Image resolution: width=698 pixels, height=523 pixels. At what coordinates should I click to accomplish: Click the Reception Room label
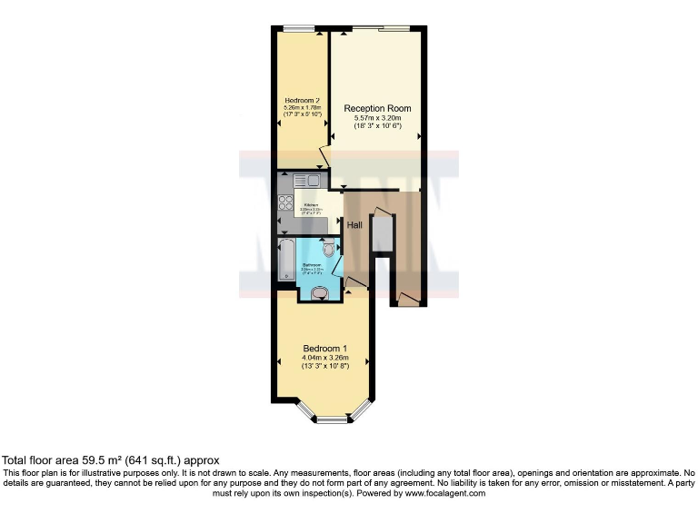point(377,108)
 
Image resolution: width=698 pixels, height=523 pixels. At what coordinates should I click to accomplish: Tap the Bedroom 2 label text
point(300,100)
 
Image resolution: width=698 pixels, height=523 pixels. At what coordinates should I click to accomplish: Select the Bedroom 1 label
point(324,349)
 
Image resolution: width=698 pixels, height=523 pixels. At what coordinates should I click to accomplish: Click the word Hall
point(355,226)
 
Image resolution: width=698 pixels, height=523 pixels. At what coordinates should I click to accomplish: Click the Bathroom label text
point(311,265)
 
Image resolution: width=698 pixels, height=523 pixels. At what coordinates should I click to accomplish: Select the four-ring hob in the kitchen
point(284,202)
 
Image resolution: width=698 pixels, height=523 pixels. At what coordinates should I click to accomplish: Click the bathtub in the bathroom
point(286,261)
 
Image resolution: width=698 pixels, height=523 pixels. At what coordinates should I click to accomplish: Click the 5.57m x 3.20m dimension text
point(377,118)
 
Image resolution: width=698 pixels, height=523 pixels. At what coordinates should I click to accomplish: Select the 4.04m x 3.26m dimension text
point(324,358)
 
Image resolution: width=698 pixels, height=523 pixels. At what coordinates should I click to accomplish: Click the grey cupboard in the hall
point(382,235)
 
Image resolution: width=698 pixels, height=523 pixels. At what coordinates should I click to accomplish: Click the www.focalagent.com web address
point(444,493)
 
